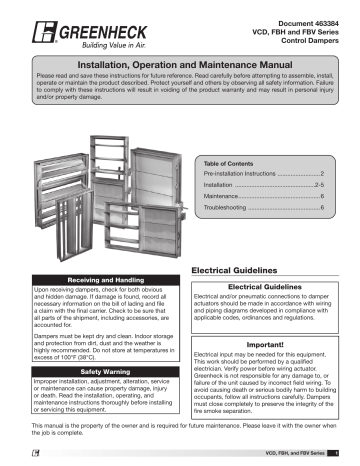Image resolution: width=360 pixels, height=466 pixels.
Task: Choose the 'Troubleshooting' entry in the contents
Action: pyautogui.click(x=232, y=209)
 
